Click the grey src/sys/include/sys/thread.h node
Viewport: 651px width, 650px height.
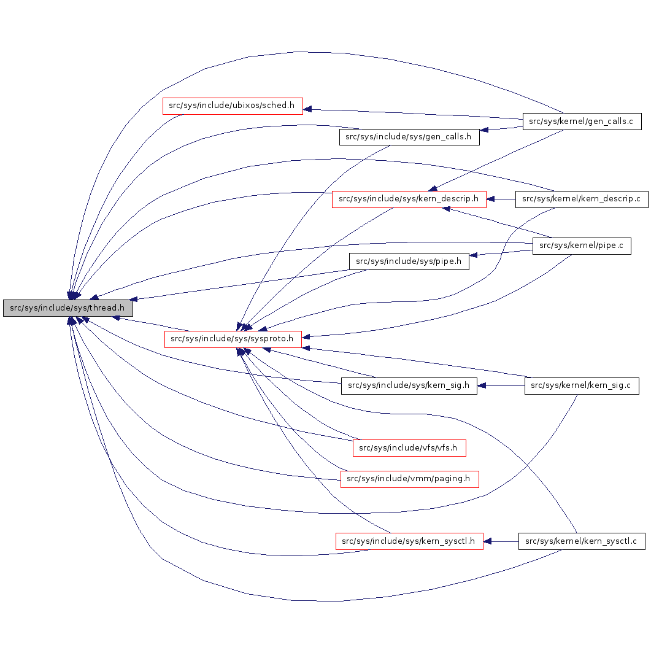tap(67, 308)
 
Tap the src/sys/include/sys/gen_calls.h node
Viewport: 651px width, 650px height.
tap(409, 137)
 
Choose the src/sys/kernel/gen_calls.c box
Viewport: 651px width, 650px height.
tap(581, 122)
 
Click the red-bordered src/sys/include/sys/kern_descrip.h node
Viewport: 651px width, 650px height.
tap(409, 199)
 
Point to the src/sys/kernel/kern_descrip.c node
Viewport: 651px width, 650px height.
tap(582, 199)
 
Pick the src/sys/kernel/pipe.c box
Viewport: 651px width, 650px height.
tap(582, 246)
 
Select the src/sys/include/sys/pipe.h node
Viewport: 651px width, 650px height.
tap(409, 261)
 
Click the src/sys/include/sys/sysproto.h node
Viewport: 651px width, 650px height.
tap(233, 339)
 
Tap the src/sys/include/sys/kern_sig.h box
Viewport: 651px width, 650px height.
tap(409, 386)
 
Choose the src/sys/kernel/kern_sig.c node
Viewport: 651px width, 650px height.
tap(582, 386)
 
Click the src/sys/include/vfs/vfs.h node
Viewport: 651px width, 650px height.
tap(409, 448)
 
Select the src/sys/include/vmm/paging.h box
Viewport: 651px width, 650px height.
tap(409, 479)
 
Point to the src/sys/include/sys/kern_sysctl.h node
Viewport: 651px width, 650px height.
tap(409, 541)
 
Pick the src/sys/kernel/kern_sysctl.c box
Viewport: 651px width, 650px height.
tap(582, 541)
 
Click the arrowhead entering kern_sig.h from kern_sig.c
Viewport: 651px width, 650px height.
tap(482, 386)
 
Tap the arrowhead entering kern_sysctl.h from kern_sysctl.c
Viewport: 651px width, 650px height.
tap(488, 541)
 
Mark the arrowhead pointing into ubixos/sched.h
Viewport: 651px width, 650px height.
tap(308, 109)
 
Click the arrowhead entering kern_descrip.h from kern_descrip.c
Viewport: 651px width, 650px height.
tap(491, 199)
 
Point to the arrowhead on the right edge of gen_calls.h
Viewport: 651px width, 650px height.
tap(484, 130)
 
